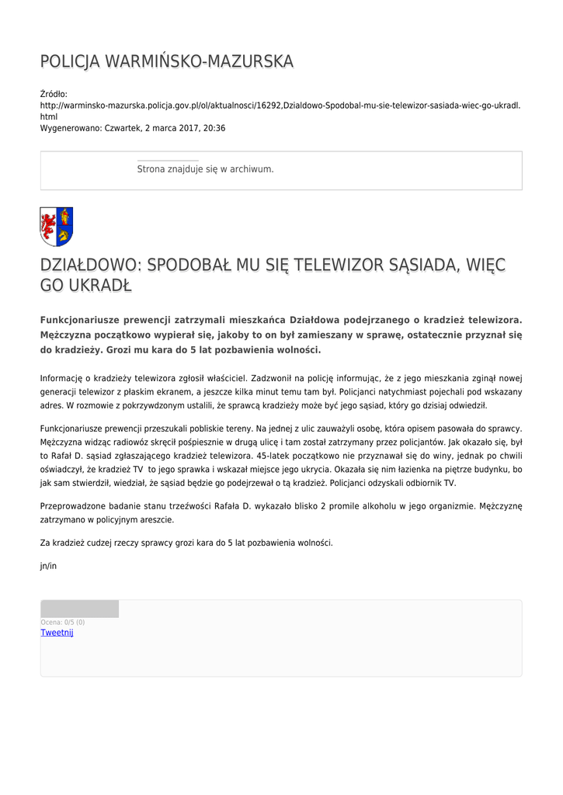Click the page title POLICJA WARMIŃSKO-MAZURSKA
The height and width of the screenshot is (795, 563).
(x=166, y=62)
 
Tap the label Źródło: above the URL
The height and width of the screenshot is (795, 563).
(x=54, y=94)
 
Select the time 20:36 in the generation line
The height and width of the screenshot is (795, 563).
(x=214, y=128)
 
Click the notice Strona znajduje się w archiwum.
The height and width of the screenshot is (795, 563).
(x=205, y=169)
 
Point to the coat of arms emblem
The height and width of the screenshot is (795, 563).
(x=56, y=226)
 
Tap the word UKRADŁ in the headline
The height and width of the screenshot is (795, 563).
(x=100, y=286)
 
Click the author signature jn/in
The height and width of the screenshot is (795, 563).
(x=48, y=566)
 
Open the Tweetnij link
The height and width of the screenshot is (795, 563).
(x=57, y=633)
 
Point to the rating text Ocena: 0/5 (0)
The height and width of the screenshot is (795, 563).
(x=63, y=622)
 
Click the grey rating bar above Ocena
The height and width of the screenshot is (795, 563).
(x=79, y=609)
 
